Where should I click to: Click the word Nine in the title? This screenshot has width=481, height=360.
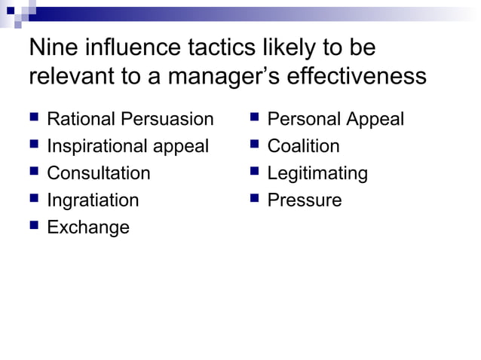(51, 48)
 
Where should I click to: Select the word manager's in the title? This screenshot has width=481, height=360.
(231, 77)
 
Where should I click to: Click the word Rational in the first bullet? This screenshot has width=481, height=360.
(78, 119)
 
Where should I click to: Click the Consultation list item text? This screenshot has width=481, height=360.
(99, 173)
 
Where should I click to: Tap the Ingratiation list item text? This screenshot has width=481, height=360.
(93, 200)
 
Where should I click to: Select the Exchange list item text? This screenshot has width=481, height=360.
(88, 227)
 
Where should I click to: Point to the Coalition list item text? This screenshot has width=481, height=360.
(304, 146)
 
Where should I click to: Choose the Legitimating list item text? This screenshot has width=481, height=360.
(317, 173)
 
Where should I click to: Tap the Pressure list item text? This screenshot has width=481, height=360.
(305, 200)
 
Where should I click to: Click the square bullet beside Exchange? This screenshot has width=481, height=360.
(34, 227)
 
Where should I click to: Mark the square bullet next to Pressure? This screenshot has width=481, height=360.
(254, 200)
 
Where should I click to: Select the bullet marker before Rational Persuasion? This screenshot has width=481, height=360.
(34, 118)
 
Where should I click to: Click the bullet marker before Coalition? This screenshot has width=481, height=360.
(254, 145)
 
